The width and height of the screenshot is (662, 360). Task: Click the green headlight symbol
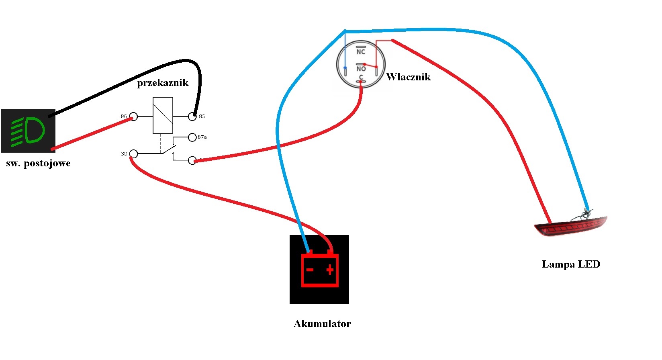coord(28,131)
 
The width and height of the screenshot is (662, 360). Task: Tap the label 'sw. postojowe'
coord(38,163)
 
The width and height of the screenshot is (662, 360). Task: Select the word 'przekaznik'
coord(163,83)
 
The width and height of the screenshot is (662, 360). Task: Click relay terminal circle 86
coord(134,117)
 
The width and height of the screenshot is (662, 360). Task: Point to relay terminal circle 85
coord(192,117)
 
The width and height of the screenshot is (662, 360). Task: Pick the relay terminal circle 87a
coord(192,137)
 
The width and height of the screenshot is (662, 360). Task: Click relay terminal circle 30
coord(134,154)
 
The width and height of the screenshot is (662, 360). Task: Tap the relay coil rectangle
coord(163,115)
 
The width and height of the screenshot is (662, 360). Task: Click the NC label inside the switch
coord(361,52)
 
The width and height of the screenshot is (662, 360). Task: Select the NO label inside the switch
coord(361,69)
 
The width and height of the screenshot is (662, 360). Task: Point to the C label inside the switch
coord(361,78)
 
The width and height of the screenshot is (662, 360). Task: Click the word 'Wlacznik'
coord(408,77)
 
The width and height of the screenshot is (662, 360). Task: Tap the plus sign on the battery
coord(330,270)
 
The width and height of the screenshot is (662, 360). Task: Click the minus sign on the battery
coord(310,270)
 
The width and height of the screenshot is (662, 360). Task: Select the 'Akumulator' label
coord(322,324)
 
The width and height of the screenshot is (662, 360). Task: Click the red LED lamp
coord(570,227)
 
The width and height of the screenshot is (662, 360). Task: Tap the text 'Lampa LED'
coord(571,264)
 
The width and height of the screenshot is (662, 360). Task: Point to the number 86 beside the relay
coord(124,117)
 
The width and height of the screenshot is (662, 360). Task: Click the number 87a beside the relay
coord(202,137)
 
